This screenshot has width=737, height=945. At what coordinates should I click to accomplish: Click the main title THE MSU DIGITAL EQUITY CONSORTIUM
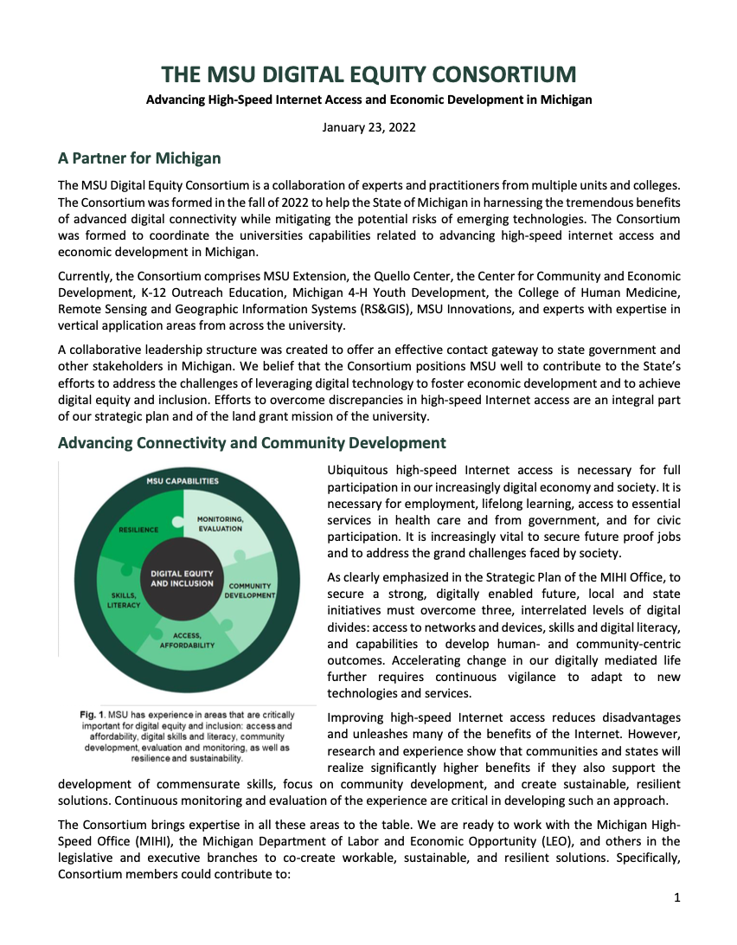[x=368, y=74]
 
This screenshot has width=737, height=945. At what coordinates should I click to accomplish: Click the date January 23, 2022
[x=368, y=127]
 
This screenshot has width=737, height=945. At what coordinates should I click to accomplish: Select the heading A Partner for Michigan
[x=139, y=158]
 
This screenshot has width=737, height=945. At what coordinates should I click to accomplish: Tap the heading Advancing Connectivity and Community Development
[x=252, y=443]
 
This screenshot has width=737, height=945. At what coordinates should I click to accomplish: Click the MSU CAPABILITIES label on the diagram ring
[x=182, y=481]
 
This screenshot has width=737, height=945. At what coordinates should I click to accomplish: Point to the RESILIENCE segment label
[x=138, y=528]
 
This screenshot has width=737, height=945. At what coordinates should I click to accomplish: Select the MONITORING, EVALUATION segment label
[x=220, y=524]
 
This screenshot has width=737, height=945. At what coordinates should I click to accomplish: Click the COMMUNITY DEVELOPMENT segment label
[x=249, y=590]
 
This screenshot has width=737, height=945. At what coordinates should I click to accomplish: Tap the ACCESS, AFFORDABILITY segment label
[x=187, y=640]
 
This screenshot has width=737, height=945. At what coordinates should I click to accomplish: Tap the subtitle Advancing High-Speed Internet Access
[x=368, y=100]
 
